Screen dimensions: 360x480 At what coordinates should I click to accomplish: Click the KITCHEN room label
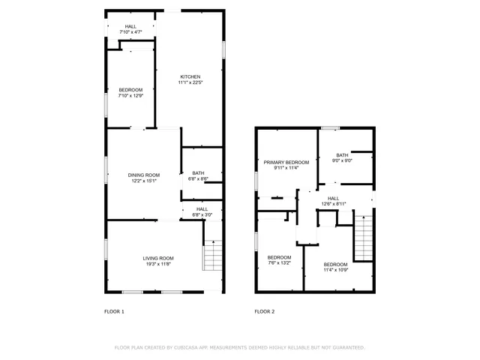(190, 76)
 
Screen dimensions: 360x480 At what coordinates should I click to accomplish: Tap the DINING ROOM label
(143, 175)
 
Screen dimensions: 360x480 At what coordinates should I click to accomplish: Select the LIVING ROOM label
(158, 258)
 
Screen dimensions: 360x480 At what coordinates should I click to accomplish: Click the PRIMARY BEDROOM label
(286, 162)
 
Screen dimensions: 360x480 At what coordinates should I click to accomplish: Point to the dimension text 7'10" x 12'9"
(130, 96)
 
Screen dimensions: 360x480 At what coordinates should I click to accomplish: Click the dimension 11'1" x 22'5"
(190, 82)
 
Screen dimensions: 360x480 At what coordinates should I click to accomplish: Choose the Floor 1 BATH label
(198, 173)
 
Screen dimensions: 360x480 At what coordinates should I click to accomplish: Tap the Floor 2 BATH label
(342, 155)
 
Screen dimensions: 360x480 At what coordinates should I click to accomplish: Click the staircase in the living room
(213, 256)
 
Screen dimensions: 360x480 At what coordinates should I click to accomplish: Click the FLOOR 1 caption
(114, 311)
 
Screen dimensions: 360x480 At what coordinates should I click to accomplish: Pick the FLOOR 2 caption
(265, 311)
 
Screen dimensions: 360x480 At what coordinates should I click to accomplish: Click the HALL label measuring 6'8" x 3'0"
(202, 209)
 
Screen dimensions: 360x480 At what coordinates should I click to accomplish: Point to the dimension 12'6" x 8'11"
(333, 204)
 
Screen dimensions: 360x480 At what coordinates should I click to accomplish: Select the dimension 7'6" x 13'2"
(279, 262)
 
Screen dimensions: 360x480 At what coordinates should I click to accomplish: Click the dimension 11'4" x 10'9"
(335, 269)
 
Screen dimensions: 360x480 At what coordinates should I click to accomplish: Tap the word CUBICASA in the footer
(186, 347)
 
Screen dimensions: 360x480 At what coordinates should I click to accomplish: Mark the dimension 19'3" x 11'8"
(158, 264)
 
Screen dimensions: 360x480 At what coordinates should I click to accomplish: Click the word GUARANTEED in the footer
(346, 347)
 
